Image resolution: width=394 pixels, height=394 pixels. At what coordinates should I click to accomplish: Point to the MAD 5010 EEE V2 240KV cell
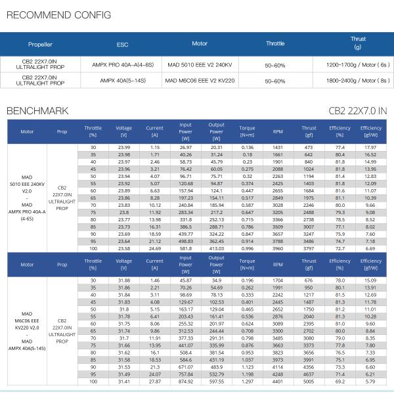[x=200, y=65]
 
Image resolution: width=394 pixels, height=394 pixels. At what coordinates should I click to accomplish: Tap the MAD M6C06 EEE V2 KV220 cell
[x=200, y=81]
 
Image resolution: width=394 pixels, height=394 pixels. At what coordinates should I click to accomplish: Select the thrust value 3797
[x=309, y=249]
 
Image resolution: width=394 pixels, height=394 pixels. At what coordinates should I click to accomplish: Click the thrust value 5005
[x=309, y=382]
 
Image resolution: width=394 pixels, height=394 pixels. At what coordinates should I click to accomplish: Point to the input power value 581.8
[x=186, y=249]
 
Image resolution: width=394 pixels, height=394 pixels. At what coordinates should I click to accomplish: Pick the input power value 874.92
[x=186, y=382]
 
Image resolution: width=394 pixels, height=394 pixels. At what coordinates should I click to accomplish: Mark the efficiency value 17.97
[x=370, y=147]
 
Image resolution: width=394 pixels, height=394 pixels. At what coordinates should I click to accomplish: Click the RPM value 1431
[x=278, y=147]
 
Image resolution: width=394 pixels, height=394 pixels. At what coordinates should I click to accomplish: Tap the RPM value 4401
[x=278, y=382]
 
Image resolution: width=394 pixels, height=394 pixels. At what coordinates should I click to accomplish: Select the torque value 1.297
[x=247, y=382]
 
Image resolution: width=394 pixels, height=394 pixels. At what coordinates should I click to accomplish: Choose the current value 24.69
[x=154, y=249]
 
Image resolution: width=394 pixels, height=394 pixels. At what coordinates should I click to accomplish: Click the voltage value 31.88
[x=123, y=280]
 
